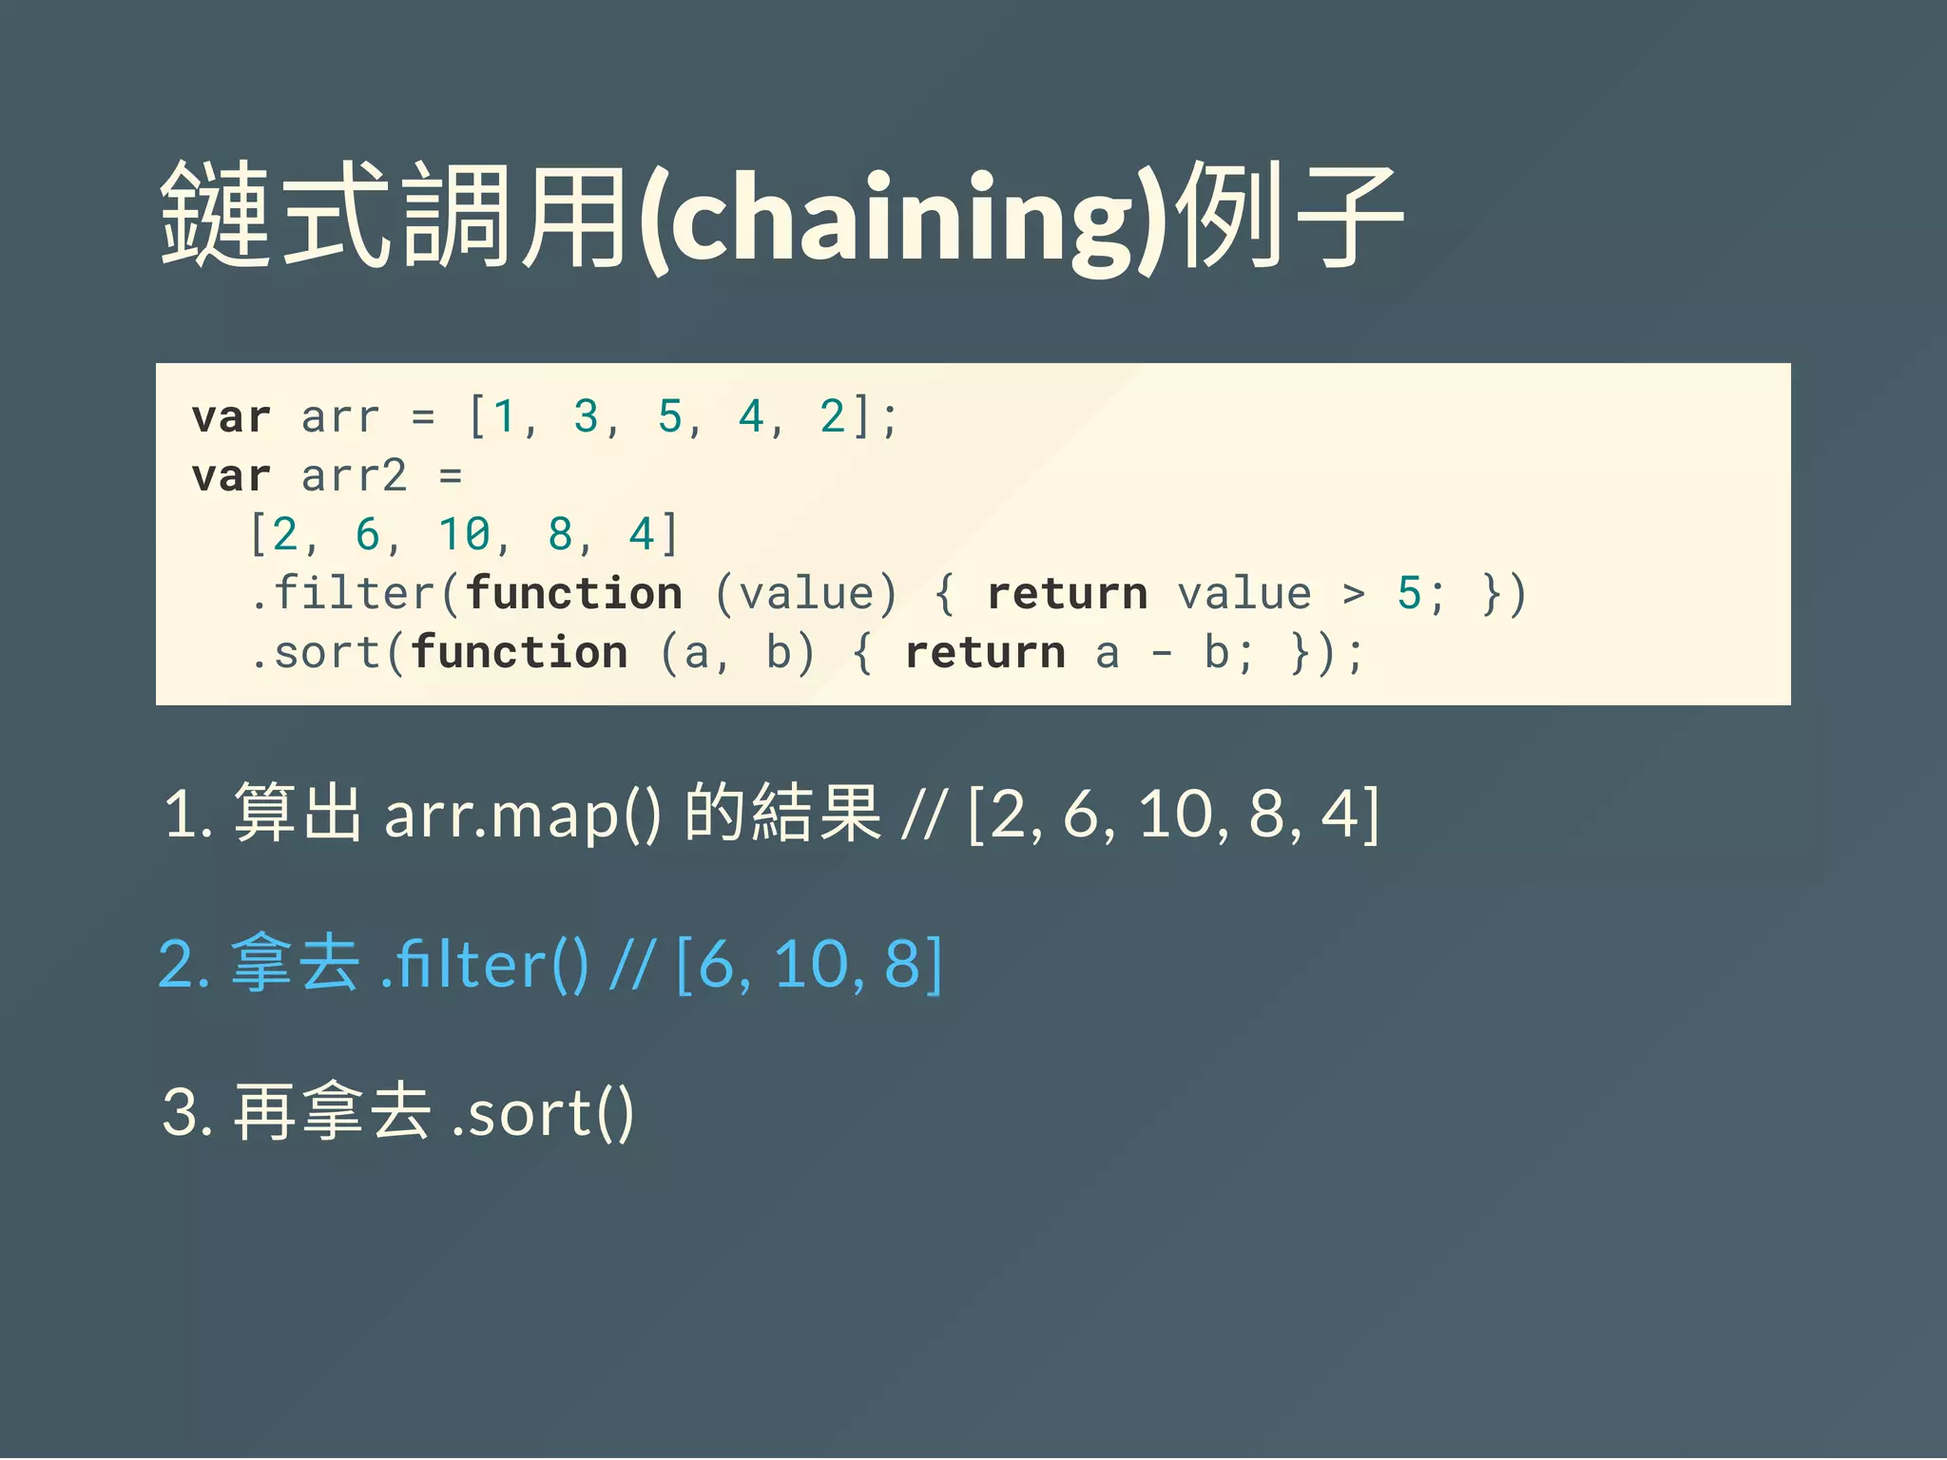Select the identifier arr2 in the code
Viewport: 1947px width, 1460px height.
pos(354,475)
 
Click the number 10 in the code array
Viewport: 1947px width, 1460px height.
pos(464,534)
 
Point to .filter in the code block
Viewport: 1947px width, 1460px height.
pos(343,593)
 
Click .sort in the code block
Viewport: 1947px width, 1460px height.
pos(316,653)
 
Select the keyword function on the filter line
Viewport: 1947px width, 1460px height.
pos(573,593)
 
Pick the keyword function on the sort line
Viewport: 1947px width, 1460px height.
pos(519,653)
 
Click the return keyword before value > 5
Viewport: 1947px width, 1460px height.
pos(1067,593)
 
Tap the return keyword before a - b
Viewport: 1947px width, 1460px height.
pos(985,653)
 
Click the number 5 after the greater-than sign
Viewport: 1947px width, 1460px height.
pos(1408,593)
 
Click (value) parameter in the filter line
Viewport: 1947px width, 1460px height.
pos(806,593)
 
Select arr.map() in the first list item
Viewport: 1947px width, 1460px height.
pos(521,816)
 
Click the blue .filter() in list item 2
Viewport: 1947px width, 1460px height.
pos(484,965)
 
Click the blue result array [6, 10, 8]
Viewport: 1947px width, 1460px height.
pos(809,965)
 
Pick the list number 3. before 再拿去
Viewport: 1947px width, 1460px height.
pos(186,1112)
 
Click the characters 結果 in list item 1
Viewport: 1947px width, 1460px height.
pos(817,814)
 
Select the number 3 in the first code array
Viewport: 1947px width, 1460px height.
pos(586,416)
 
